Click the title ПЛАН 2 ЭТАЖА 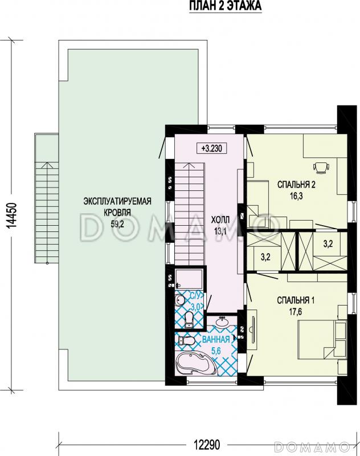coord(226,6)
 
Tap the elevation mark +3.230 coord(212,148)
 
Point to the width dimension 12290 coord(207,445)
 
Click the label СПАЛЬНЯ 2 coord(296,185)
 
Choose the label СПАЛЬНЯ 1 coord(296,300)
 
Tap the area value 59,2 coord(117,223)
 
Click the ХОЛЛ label coord(220,219)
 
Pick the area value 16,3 coord(296,196)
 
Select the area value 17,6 coord(296,312)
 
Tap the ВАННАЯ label coord(216,339)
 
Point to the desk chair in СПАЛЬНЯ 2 coord(321,168)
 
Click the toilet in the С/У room coord(190,319)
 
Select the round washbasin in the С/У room coord(180,300)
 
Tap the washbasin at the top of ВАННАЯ coord(222,321)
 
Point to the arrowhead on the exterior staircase coord(47,165)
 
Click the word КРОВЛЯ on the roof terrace coord(117,213)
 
